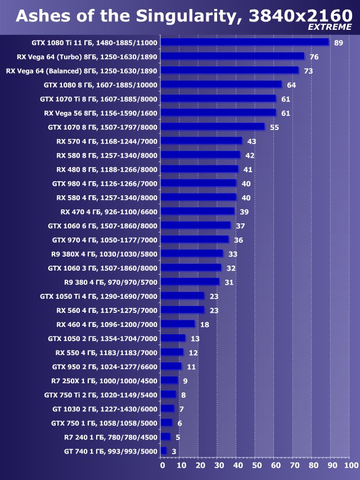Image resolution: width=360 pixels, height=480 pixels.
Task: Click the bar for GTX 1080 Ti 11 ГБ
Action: point(245,42)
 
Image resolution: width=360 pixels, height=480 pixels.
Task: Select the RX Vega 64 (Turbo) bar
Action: point(232,56)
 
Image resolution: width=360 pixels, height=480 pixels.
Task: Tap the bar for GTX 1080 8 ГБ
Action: point(221,84)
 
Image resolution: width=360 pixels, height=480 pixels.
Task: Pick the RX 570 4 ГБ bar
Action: point(201,141)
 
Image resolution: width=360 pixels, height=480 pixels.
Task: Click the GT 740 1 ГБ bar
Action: point(164,451)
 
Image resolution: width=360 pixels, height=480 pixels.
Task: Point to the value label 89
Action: point(338,43)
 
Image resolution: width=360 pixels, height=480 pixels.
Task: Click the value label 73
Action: point(308,71)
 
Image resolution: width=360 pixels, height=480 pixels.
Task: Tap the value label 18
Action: point(205,325)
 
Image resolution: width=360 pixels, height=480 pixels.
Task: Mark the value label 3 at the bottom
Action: point(174,451)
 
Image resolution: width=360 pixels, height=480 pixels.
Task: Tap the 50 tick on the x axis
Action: point(256,466)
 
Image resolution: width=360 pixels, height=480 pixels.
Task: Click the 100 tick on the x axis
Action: point(350,466)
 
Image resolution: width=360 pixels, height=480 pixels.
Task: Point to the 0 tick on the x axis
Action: point(163,466)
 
